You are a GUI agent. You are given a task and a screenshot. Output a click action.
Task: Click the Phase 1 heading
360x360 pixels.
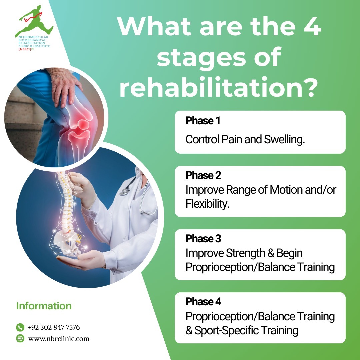(203, 121)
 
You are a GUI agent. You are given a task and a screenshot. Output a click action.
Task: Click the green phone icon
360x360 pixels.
(20, 327)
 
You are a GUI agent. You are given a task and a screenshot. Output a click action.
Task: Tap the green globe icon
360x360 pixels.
(20, 339)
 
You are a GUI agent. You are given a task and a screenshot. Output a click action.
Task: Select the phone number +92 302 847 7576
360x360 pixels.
(54, 327)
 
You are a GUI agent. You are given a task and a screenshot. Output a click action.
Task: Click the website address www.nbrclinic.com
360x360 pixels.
(59, 339)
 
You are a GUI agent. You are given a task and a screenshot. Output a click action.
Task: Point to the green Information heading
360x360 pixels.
(44, 306)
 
